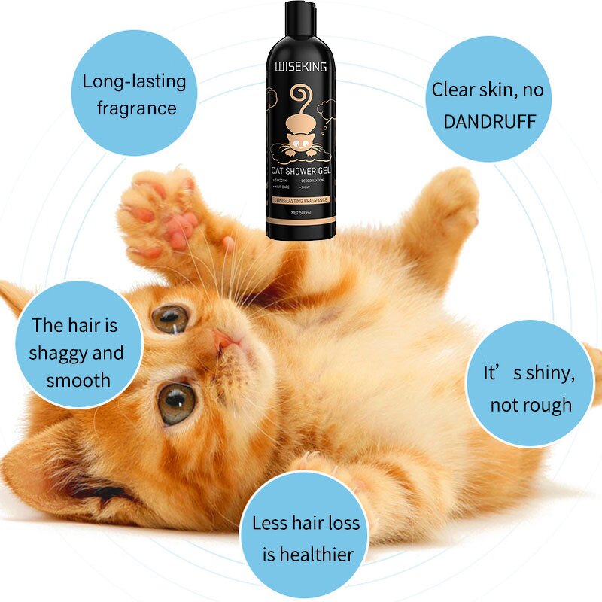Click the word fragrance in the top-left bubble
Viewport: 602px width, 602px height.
[x=137, y=108]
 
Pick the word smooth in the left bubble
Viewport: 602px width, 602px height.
[x=78, y=380]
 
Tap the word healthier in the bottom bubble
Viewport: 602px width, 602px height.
[x=308, y=555]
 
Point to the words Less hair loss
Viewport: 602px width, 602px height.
[x=306, y=523]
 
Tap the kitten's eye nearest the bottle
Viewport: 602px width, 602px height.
[x=169, y=318]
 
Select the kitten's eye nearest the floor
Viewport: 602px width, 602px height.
[x=176, y=403]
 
